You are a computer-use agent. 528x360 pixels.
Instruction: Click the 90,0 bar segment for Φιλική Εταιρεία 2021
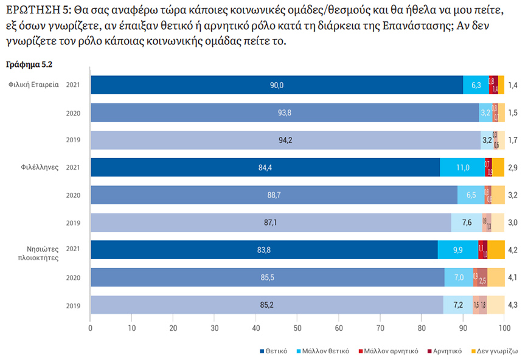(x=277, y=85)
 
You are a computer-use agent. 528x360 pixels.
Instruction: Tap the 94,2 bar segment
(x=285, y=140)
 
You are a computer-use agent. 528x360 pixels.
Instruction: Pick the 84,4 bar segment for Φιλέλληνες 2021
(x=265, y=167)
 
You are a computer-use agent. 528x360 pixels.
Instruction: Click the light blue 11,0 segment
(x=462, y=167)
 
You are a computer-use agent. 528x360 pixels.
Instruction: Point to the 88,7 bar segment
(x=274, y=195)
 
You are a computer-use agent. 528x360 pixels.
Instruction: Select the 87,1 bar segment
(x=271, y=223)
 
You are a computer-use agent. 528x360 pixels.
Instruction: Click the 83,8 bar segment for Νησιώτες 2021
(x=264, y=250)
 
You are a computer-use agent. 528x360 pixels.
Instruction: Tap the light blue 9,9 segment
(x=457, y=250)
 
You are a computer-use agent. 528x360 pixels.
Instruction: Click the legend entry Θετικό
(x=276, y=351)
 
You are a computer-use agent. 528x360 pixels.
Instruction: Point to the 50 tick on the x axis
(x=297, y=328)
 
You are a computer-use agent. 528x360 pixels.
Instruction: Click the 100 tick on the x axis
(x=504, y=328)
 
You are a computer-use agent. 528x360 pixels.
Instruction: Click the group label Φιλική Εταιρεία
(x=34, y=85)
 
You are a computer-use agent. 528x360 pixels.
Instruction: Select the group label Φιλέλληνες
(x=39, y=167)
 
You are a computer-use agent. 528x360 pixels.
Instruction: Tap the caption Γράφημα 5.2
(x=25, y=63)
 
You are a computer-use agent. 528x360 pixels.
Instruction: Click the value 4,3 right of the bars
(x=513, y=305)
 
